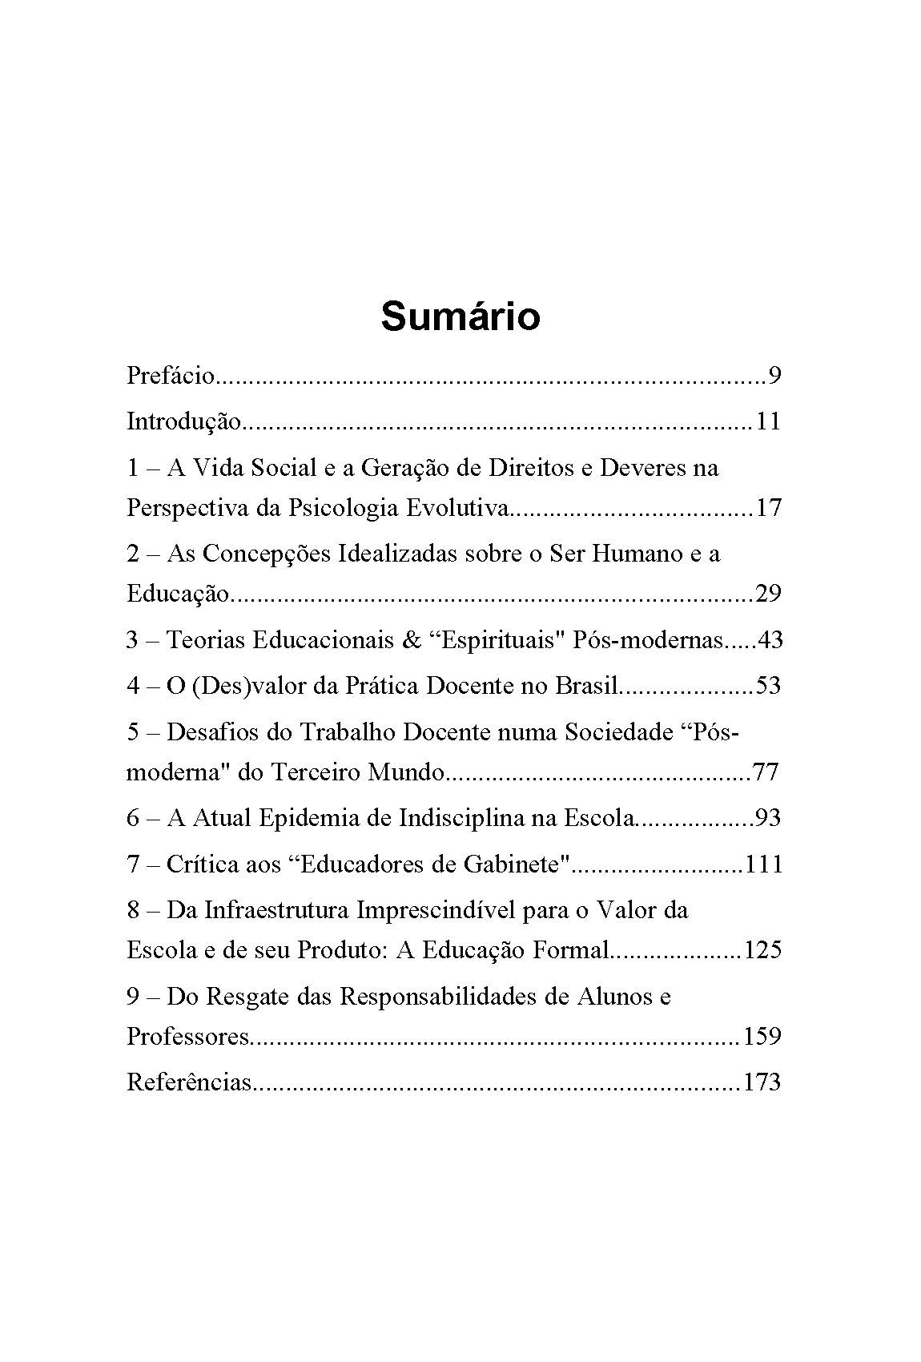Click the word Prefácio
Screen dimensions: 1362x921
(171, 375)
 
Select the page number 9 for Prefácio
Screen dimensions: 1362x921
(774, 375)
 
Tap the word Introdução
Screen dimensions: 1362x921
(183, 421)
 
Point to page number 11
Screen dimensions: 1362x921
(767, 421)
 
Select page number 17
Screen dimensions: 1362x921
(767, 508)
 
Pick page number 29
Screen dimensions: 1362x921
(767, 594)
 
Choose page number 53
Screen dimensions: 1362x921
(767, 686)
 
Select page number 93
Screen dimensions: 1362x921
(767, 818)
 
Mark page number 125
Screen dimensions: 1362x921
(762, 950)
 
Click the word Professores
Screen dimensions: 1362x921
(188, 1037)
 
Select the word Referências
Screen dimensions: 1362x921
(189, 1083)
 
